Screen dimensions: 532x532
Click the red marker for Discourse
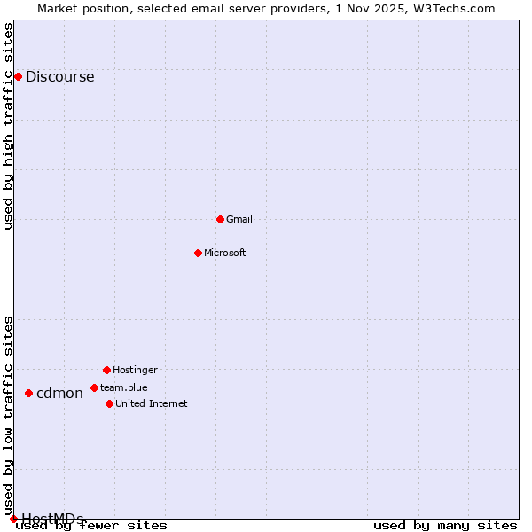pos(18,76)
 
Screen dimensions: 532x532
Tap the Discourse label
pos(59,76)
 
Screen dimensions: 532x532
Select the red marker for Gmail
pos(220,219)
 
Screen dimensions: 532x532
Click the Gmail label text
pos(239,219)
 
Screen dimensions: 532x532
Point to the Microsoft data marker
pos(198,253)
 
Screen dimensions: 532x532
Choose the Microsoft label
pos(224,253)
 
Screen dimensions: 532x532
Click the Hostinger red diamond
pos(106,370)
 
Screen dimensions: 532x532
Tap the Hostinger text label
pos(135,370)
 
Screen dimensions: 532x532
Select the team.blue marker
pos(94,387)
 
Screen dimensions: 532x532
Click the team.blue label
pos(123,387)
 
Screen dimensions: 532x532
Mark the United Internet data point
pos(109,403)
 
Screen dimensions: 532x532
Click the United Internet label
pos(151,403)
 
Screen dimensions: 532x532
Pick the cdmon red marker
pos(28,393)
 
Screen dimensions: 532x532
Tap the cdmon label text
pos(59,393)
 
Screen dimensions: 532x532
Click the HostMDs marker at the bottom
pos(13,519)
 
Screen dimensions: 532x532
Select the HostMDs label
pos(52,519)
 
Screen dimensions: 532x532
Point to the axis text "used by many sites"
pos(445,525)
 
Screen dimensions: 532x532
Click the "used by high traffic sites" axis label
pos(8,126)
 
